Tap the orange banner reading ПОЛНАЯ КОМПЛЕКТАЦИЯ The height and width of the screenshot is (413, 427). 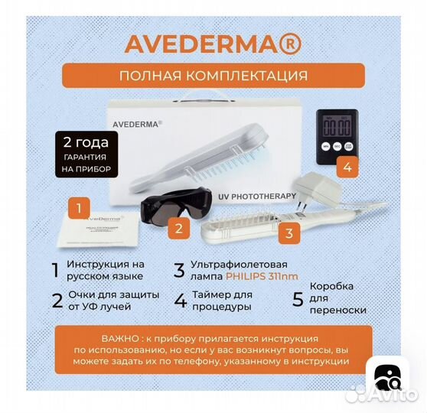[x=213, y=76]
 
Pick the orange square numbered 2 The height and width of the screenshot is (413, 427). [x=178, y=226]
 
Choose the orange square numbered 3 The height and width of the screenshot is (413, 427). [x=287, y=233]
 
